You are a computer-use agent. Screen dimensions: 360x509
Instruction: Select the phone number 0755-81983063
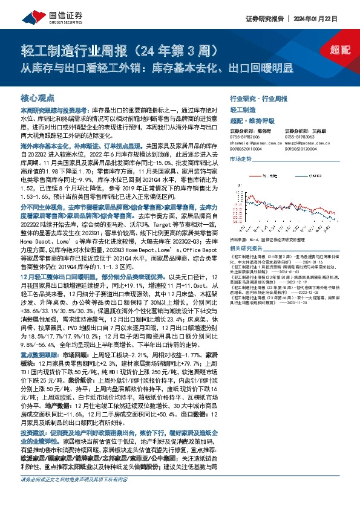[x=299, y=137]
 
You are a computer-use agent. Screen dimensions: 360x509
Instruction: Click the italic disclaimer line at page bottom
[x=74, y=496]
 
